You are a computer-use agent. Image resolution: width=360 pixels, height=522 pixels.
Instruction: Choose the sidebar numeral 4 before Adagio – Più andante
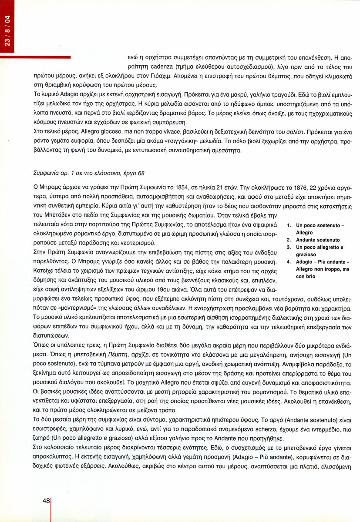pos(289,262)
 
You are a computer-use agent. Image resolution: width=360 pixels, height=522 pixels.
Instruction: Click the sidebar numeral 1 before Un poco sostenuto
pos(289,226)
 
